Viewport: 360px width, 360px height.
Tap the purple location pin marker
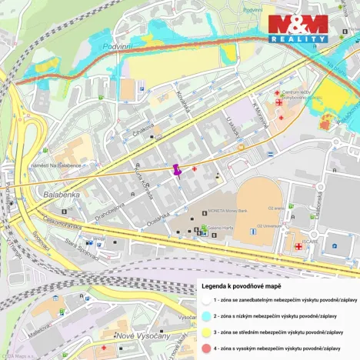pyautogui.click(x=178, y=168)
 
